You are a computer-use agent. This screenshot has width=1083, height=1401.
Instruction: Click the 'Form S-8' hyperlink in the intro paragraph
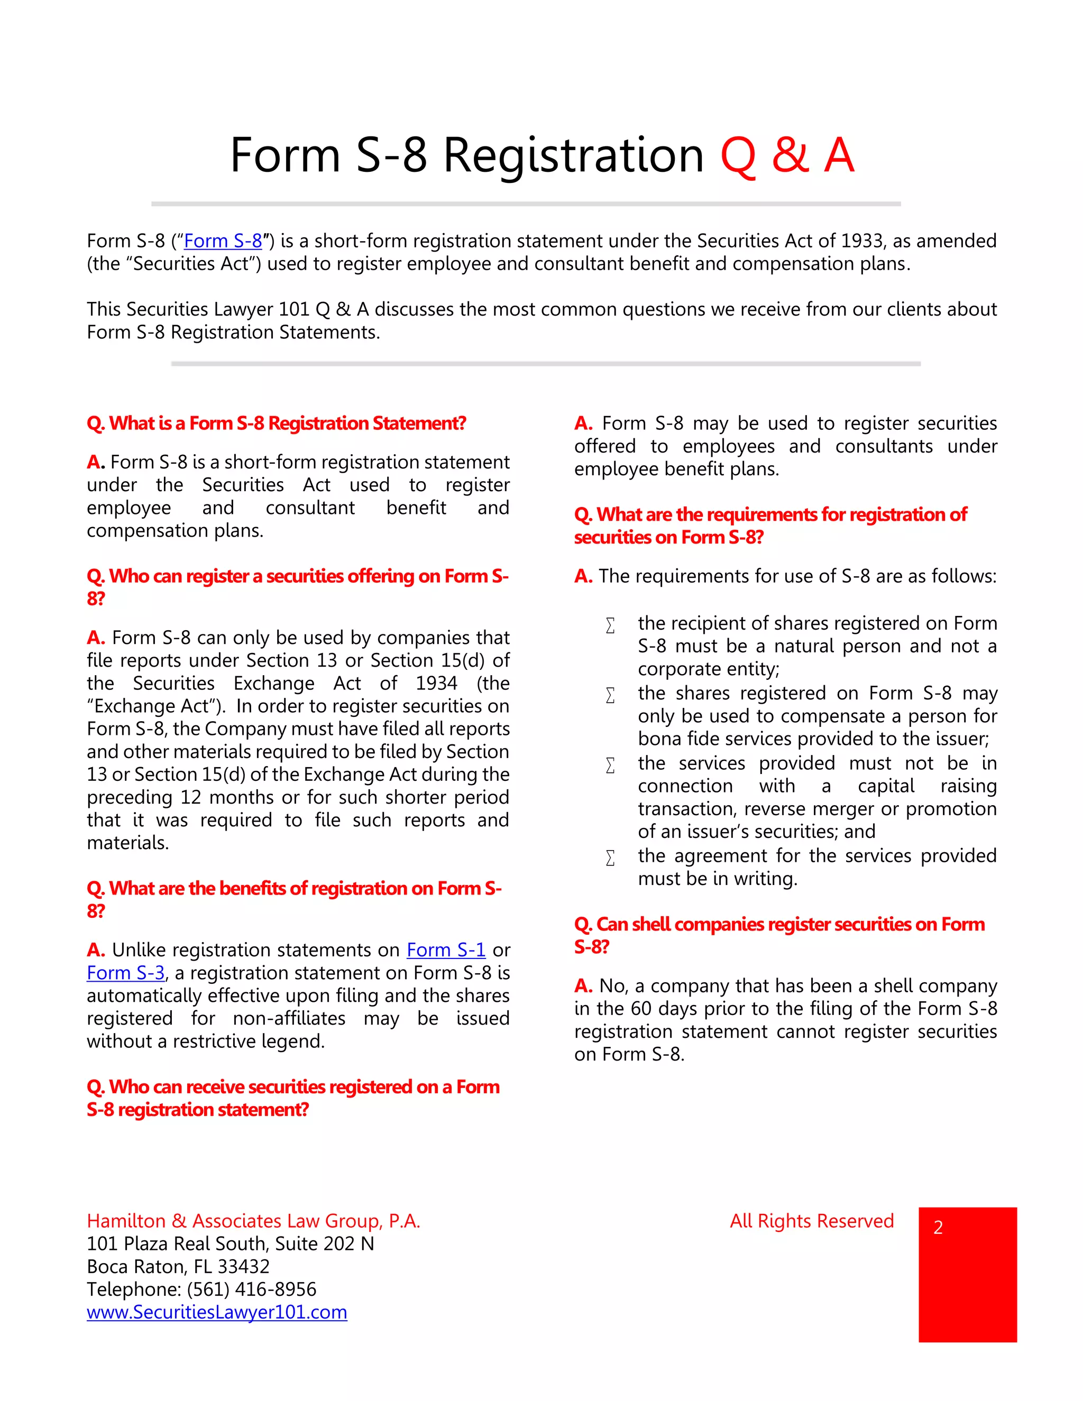(x=223, y=241)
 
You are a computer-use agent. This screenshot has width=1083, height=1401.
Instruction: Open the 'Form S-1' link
(x=446, y=950)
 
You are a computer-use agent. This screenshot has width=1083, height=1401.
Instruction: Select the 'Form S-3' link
(x=126, y=973)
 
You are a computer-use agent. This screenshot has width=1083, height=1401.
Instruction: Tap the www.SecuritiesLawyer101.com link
(x=217, y=1313)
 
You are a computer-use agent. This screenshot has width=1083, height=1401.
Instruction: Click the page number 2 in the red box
(x=938, y=1228)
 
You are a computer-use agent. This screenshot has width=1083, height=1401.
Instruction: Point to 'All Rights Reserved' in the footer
(x=812, y=1221)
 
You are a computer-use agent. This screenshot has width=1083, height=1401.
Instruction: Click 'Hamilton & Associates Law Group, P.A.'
(x=253, y=1221)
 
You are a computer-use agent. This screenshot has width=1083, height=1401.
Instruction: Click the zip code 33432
(x=244, y=1267)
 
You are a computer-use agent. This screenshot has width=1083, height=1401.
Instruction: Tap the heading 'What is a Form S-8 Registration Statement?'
(x=277, y=424)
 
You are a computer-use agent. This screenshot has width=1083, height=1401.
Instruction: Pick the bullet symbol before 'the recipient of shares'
(x=610, y=625)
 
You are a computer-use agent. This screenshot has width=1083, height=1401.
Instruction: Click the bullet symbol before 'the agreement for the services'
(x=610, y=858)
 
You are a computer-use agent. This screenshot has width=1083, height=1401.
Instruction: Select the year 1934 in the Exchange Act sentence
(x=436, y=684)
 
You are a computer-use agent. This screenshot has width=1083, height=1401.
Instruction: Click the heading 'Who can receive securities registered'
(x=292, y=1087)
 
